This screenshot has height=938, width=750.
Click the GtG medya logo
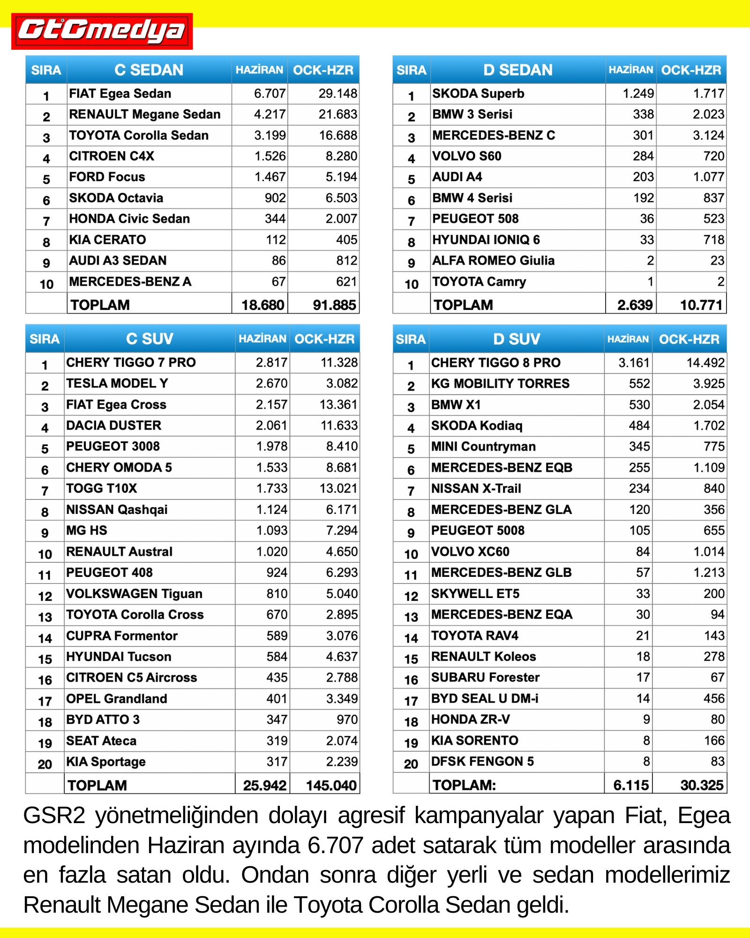(x=102, y=31)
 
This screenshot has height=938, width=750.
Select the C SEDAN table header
(x=149, y=70)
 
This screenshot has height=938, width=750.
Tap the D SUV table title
(x=516, y=339)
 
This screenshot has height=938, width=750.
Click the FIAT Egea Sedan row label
(x=120, y=94)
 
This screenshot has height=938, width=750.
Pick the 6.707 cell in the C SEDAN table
(x=270, y=94)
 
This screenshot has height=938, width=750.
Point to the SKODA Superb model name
(x=478, y=94)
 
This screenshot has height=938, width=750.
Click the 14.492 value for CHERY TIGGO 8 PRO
(x=705, y=363)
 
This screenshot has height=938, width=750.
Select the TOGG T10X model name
(x=102, y=489)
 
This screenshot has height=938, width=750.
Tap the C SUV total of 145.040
(x=331, y=785)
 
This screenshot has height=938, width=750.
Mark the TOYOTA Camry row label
(x=479, y=282)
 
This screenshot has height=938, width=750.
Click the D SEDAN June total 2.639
(x=635, y=305)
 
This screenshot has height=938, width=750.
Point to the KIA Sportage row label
(x=106, y=762)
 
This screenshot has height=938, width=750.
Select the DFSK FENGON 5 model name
(x=482, y=761)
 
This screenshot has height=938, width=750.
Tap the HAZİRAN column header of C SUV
(x=262, y=339)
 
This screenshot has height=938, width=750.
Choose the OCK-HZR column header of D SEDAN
(x=691, y=70)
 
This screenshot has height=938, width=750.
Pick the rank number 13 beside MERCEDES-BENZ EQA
(x=411, y=617)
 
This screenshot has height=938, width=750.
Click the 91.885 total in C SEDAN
(x=334, y=305)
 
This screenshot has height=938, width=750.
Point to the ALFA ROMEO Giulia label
(x=493, y=261)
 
